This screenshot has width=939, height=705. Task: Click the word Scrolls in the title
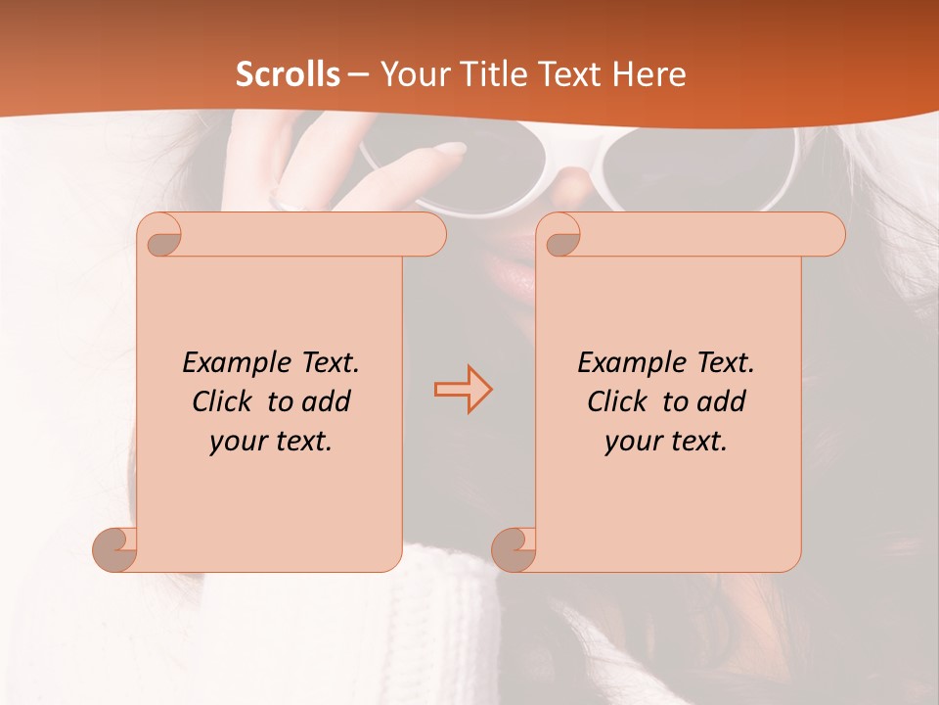coord(289,73)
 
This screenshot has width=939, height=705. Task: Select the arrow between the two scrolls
coord(463,389)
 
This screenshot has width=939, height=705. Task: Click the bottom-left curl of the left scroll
coord(115,548)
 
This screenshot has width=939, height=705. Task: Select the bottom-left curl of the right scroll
coord(513,548)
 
